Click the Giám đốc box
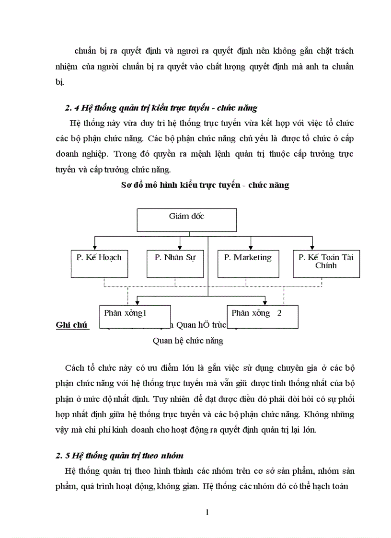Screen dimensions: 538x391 point(187,220)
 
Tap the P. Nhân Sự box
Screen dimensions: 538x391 point(175,263)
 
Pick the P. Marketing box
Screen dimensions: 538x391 point(248,263)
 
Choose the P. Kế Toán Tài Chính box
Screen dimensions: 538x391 point(326,263)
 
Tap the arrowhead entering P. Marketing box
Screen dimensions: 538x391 point(250,248)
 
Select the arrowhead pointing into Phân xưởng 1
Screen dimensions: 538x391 point(138,303)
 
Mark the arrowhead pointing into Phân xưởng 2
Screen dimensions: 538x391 point(266,303)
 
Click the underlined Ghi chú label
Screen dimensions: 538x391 point(71,325)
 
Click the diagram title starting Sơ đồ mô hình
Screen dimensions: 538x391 point(205,185)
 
